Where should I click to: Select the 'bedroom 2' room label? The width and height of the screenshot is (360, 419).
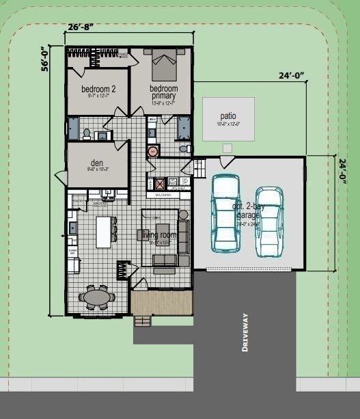coord(98,89)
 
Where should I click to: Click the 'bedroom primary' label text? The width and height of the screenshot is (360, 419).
coord(164,92)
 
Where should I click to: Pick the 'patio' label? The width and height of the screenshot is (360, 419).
coord(228,116)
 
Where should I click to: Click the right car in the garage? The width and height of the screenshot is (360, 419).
coord(269,222)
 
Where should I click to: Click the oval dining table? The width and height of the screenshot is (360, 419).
coord(97,297)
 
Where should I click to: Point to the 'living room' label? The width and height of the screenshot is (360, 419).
coord(158,235)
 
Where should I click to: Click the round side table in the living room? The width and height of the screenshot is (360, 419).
coord(183,215)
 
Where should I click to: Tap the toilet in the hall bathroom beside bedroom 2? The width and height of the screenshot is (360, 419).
coord(87,133)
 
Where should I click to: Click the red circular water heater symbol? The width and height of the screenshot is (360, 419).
coord(153,151)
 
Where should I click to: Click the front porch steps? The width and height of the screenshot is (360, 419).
coord(143,320)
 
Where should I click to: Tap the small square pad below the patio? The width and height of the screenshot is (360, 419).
coord(227,148)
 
